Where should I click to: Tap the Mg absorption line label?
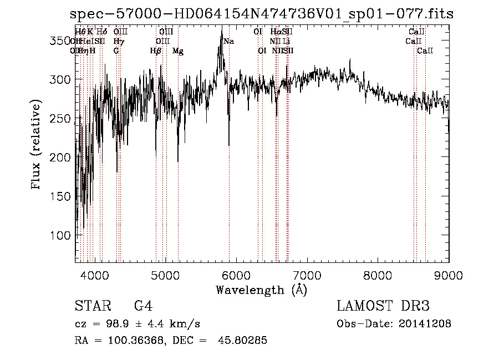coord(178,51)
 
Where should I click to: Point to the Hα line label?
coord(276,32)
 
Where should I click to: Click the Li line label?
coord(286,41)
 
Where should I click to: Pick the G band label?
coord(116,51)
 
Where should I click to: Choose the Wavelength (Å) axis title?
coord(261,290)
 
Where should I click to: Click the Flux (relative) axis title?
coord(37,145)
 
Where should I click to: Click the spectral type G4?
coord(144,306)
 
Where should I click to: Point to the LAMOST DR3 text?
coord(383,306)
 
